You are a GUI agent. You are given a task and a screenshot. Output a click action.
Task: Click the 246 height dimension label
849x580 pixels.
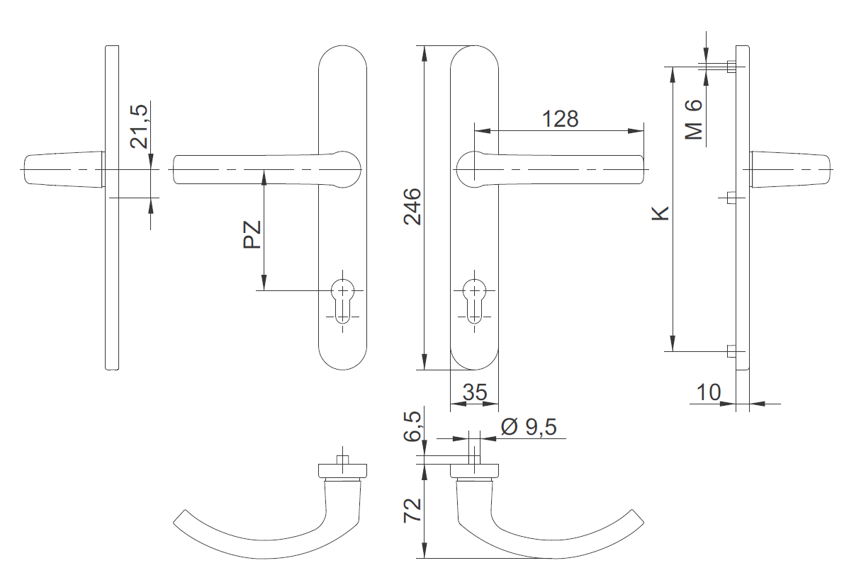point(413,207)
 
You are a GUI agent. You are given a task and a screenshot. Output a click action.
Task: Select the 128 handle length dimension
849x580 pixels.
point(561,118)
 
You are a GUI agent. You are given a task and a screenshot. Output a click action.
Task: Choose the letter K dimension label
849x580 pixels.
point(660,212)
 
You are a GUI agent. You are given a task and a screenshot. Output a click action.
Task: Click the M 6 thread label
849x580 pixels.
point(694,119)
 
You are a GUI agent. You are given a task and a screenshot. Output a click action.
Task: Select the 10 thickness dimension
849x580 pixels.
point(708,392)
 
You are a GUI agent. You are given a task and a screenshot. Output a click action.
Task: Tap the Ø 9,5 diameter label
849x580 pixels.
point(528,426)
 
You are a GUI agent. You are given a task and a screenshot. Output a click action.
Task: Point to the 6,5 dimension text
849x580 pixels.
point(413,427)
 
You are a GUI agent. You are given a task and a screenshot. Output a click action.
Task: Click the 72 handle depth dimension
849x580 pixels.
point(413,511)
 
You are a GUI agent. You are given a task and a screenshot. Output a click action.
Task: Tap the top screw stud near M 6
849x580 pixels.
point(731,67)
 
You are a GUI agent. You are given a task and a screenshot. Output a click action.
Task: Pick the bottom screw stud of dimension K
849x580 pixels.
point(731,351)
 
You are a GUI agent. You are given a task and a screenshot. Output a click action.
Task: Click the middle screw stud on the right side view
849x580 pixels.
point(732,196)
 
